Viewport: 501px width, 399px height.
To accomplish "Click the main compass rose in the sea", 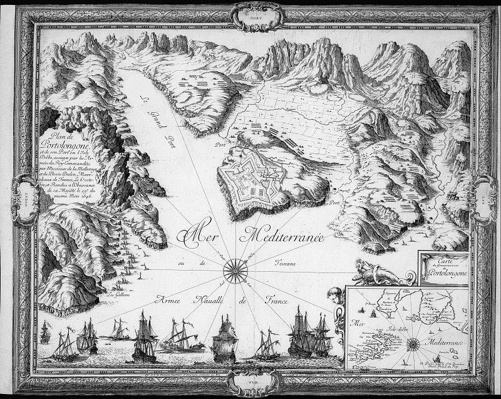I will point(235,271).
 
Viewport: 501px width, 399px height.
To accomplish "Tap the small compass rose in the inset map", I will point(413,343).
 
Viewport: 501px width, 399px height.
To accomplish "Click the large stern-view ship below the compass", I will point(224,341).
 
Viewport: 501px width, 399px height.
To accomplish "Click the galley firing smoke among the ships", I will point(182,340).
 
